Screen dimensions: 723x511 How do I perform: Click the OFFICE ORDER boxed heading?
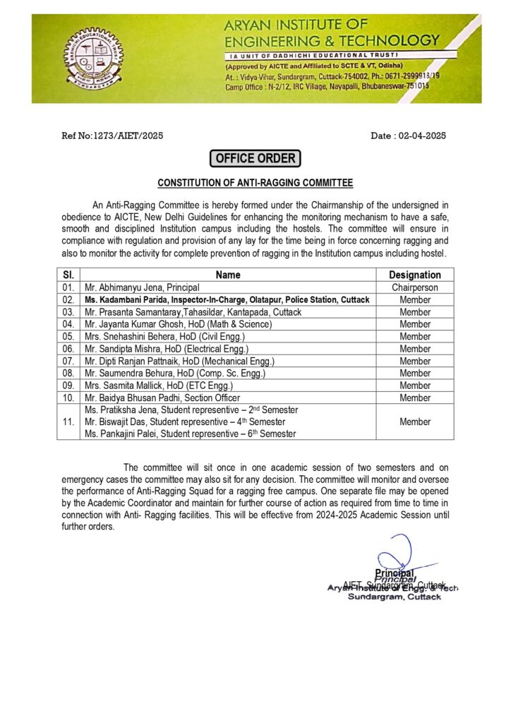pos(255,158)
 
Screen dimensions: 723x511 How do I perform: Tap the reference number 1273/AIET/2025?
pos(112,136)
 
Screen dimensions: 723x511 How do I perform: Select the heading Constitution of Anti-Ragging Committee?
pos(255,183)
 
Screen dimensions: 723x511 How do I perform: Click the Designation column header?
pos(415,275)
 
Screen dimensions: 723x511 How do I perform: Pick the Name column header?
pos(228,275)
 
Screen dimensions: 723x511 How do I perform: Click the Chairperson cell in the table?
pos(415,287)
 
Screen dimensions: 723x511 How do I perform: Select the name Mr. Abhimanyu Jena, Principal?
pos(142,287)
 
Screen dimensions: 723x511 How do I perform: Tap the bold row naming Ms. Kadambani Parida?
pos(227,300)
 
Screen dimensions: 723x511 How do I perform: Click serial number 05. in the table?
pos(68,337)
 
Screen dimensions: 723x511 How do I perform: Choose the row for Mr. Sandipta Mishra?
pos(167,349)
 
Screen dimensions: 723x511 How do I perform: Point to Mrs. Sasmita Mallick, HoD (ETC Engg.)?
pos(158,386)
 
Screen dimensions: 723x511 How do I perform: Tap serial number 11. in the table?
pos(68,422)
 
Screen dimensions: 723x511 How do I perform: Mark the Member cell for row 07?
pos(415,361)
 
